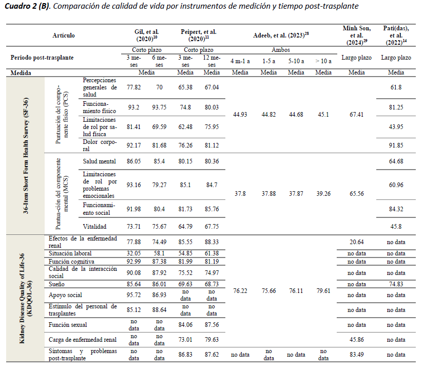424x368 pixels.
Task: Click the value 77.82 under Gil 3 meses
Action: point(133,87)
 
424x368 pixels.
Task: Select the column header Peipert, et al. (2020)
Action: point(199,35)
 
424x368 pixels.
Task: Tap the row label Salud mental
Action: point(99,161)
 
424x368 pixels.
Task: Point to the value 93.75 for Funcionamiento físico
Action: point(159,107)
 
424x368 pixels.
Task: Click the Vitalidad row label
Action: point(94,226)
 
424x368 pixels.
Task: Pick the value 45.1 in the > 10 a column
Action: point(323,114)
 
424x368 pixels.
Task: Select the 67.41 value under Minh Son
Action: point(356,114)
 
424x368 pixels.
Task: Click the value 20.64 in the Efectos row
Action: point(356,242)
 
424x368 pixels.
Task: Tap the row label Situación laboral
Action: point(70,253)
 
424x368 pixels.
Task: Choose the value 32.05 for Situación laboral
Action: point(133,253)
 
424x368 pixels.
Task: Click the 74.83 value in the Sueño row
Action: point(396,284)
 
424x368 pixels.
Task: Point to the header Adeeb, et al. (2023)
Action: point(281,35)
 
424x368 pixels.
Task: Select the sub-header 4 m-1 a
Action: point(240,61)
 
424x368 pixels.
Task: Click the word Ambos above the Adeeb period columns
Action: point(281,50)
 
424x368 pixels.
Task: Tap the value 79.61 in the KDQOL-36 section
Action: point(323,290)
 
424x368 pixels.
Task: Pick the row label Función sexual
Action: point(68,325)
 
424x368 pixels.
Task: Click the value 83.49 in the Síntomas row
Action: point(356,355)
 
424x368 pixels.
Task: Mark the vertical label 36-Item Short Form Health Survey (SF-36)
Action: point(26,156)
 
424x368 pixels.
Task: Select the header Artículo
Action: point(64,35)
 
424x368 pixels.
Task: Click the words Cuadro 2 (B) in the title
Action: point(27,6)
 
